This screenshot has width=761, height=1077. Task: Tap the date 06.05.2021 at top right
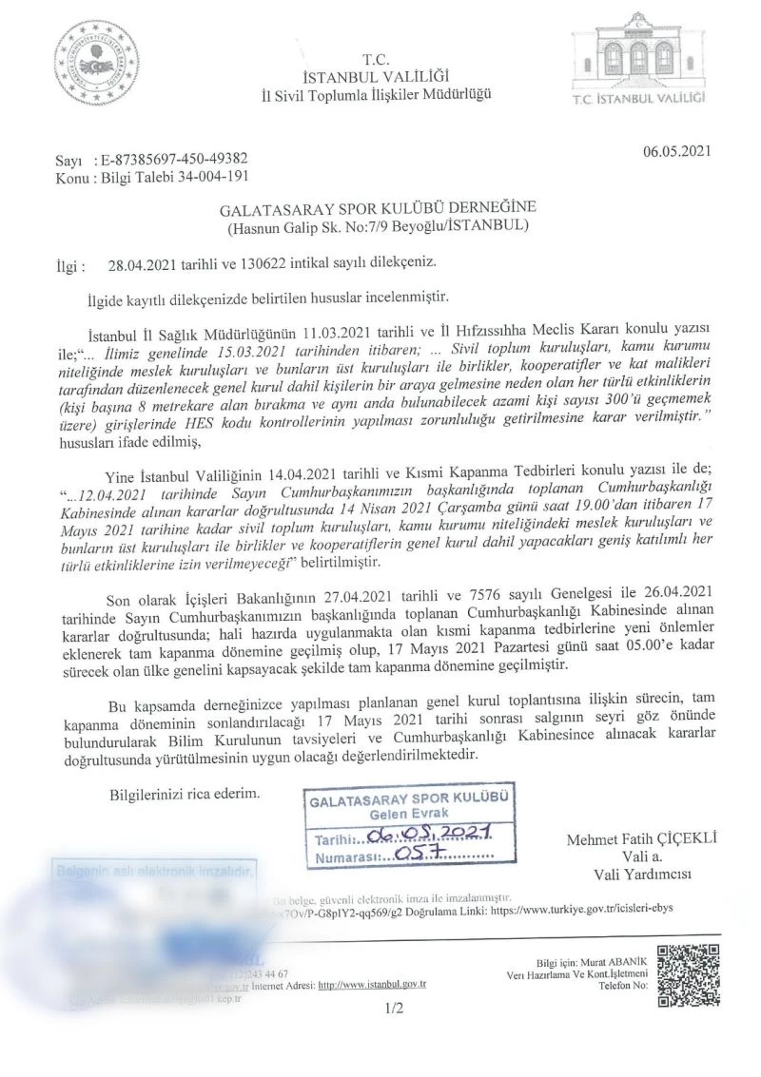coord(676,149)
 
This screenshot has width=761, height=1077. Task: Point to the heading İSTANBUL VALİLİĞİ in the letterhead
coord(377,76)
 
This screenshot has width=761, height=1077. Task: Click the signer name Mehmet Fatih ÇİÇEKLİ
coord(641,839)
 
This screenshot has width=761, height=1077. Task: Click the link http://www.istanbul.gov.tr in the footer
coord(372,986)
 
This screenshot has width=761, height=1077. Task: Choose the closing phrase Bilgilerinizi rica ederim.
coord(184,791)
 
